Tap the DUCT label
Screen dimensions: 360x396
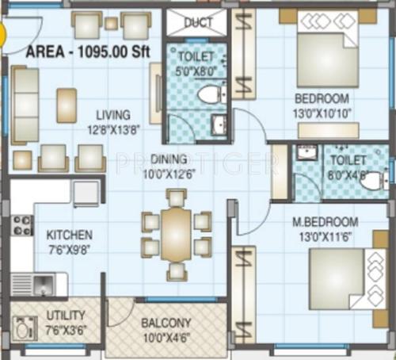[x=198, y=23]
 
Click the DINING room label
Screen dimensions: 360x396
[x=169, y=159]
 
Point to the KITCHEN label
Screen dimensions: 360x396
[x=69, y=235]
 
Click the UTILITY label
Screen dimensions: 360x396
[x=65, y=315]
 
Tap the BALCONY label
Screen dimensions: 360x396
[x=166, y=323]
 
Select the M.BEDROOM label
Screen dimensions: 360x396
[x=328, y=221]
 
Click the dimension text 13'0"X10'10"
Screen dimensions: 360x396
[x=322, y=112]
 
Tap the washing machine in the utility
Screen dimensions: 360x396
[x=21, y=327]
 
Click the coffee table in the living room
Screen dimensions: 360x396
[x=67, y=104]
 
